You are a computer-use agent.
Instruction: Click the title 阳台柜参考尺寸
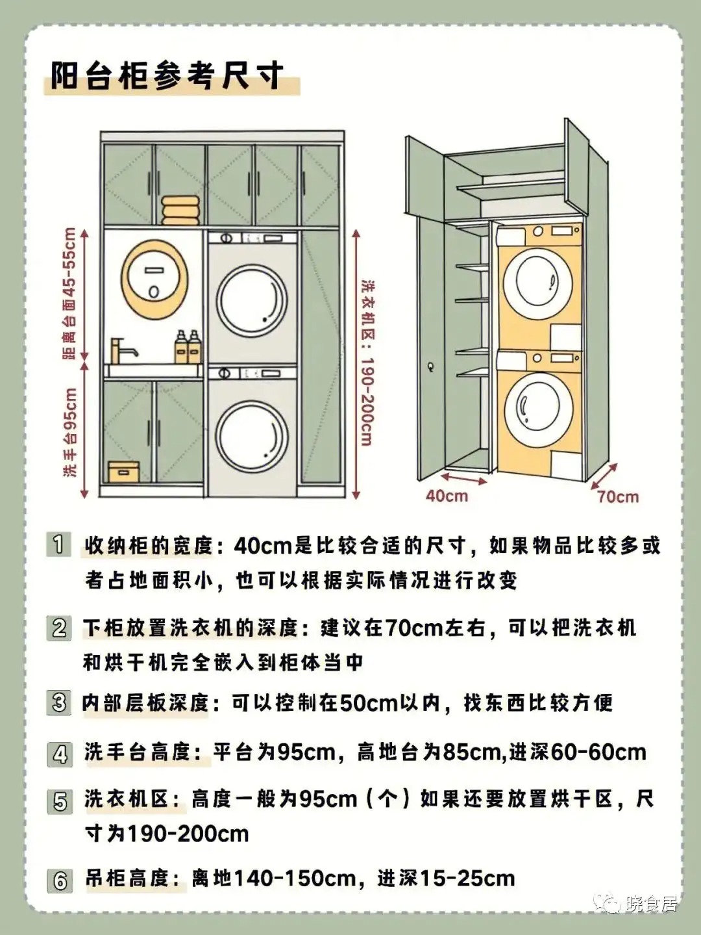pos(167,76)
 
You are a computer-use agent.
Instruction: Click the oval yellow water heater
pos(154,279)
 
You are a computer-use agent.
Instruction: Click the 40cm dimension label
pos(447,496)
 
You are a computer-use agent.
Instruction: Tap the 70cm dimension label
pos(617,497)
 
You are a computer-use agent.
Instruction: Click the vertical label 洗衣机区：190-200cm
pos(367,364)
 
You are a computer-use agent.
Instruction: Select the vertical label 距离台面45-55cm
pos(69,293)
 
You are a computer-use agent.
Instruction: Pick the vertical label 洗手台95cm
pos(70,432)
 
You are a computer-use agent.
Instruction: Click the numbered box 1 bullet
pos(58,544)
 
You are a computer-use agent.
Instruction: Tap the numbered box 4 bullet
pos(60,754)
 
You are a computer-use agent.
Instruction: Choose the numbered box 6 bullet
pos(60,880)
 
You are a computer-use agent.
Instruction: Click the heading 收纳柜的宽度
pos(149,545)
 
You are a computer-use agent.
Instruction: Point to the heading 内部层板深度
pos(146,702)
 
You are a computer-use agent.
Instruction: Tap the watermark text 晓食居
pos(651,903)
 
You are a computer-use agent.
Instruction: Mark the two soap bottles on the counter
pos(187,347)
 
